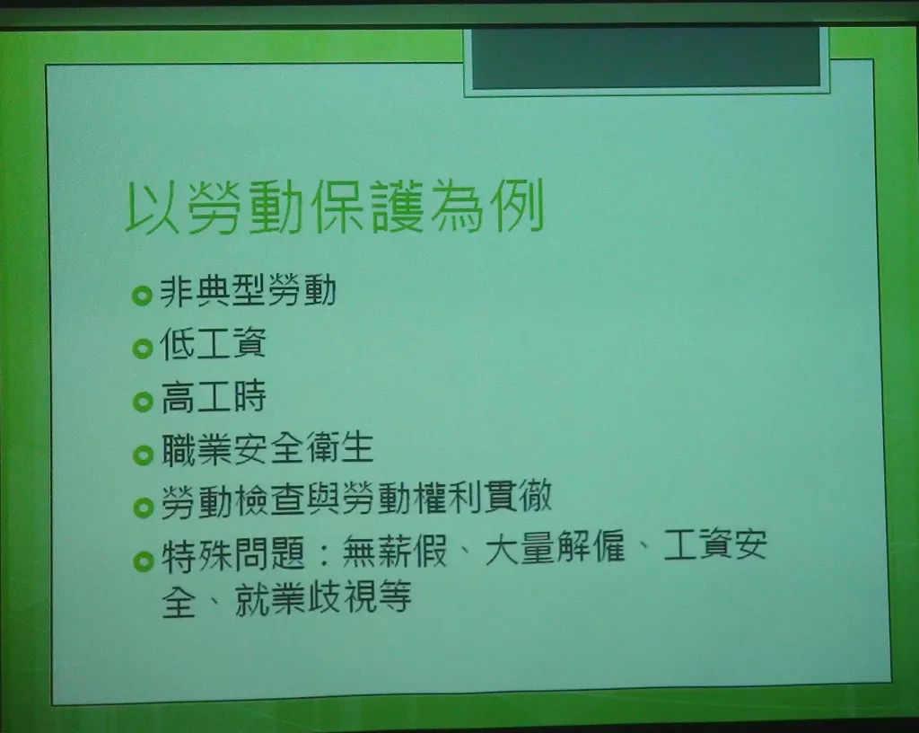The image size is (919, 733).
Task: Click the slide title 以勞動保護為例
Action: [335, 207]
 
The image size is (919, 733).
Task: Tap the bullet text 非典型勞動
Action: [248, 291]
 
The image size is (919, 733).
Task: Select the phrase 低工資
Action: [213, 343]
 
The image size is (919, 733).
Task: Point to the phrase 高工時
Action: [214, 396]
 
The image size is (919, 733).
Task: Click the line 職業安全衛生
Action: [267, 448]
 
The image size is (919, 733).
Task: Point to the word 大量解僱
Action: [555, 547]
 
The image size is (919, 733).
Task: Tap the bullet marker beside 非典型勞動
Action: [142, 295]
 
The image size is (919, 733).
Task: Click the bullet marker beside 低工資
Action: [143, 349]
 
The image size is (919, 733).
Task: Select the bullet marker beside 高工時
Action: [143, 402]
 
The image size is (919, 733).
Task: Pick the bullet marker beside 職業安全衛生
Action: [143, 454]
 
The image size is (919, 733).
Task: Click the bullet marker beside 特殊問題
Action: [143, 561]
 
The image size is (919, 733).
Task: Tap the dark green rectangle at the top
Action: [646, 57]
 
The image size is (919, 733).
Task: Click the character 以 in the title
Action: [151, 208]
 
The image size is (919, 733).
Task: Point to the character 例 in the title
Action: [520, 205]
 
